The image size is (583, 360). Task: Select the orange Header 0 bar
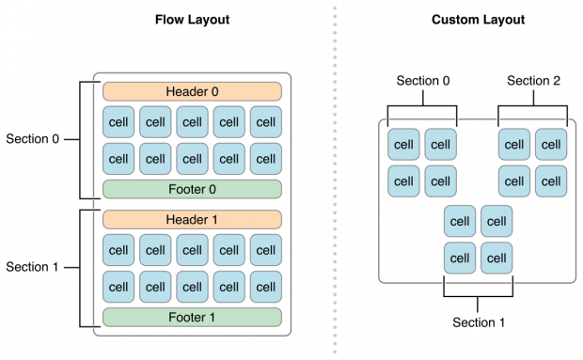tap(192, 91)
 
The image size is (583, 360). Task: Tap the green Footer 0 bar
tap(192, 189)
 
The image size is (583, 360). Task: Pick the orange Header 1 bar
tap(192, 219)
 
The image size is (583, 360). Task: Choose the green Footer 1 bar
tap(192, 317)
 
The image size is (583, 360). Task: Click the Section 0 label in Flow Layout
tap(32, 139)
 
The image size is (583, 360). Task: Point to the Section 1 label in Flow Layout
tap(32, 267)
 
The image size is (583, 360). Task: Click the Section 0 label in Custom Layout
tap(422, 81)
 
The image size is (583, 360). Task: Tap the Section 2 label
tap(533, 81)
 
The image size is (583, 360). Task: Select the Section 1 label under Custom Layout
tap(479, 322)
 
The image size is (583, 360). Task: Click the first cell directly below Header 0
tap(118, 122)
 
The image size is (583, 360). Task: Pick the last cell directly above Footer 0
tap(265, 158)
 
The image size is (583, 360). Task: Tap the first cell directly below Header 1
tap(118, 250)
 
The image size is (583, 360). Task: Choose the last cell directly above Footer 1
tap(265, 286)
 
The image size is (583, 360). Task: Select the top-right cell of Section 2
tap(551, 145)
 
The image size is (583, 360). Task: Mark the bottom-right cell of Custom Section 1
tap(496, 257)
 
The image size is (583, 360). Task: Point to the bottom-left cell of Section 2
tap(514, 180)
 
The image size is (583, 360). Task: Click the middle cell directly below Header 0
tap(192, 122)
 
